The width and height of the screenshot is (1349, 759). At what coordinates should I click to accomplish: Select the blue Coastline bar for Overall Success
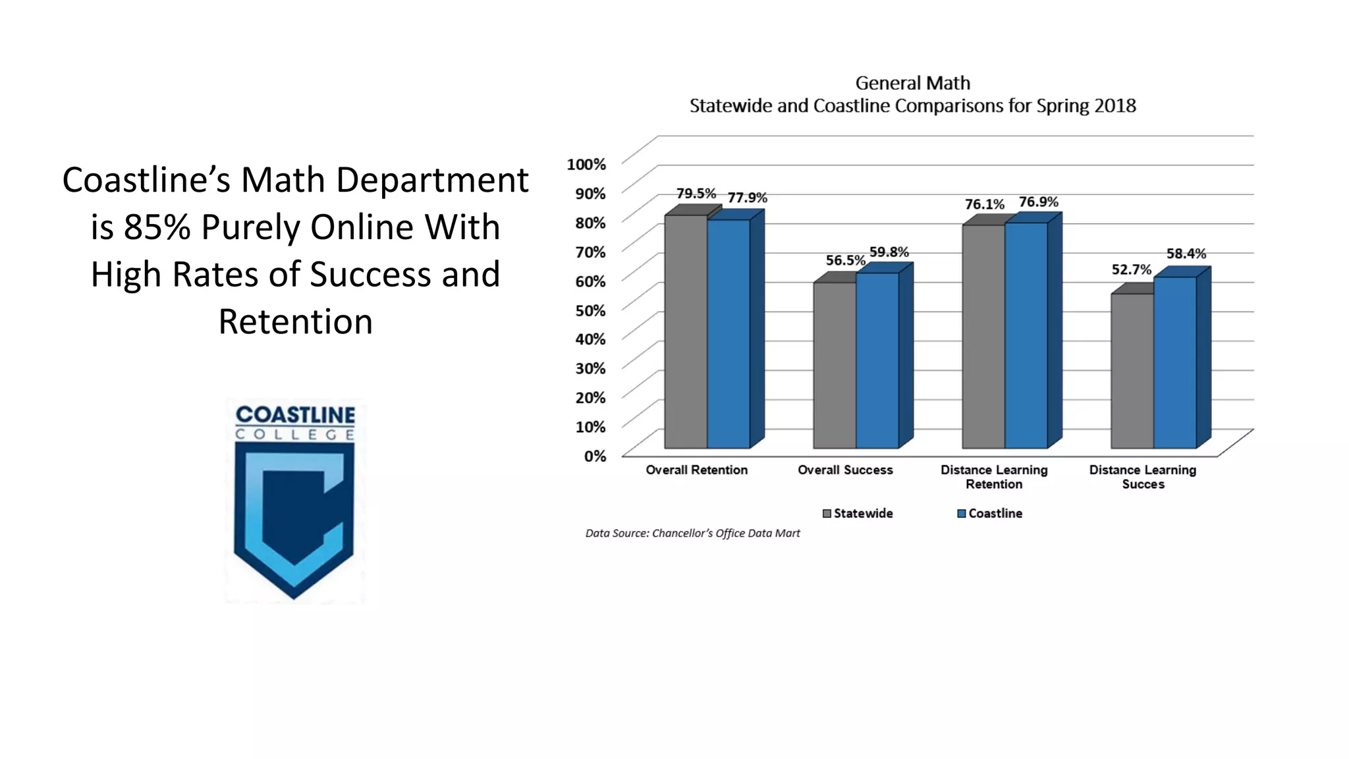877,360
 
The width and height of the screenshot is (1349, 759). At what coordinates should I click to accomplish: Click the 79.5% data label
696,194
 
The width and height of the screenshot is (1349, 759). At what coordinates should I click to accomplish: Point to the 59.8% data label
889,252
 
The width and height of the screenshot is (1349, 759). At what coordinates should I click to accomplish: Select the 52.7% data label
1131,269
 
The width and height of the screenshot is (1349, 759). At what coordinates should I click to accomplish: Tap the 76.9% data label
1038,202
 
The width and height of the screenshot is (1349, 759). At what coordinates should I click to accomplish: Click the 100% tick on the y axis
586,164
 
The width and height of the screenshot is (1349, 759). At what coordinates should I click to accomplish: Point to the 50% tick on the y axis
590,310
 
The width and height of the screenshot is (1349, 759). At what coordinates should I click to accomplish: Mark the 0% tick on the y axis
594,456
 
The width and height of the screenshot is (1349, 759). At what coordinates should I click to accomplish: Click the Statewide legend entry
858,513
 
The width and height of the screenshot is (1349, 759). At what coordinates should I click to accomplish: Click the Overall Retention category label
696,470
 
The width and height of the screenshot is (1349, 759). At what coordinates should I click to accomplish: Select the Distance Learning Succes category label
1142,477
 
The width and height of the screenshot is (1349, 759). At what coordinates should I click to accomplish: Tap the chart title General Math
912,83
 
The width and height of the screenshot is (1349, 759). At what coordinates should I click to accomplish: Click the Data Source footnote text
692,533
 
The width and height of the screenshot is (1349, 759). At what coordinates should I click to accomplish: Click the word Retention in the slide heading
295,322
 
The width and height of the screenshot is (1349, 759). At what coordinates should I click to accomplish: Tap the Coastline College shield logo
294,501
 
